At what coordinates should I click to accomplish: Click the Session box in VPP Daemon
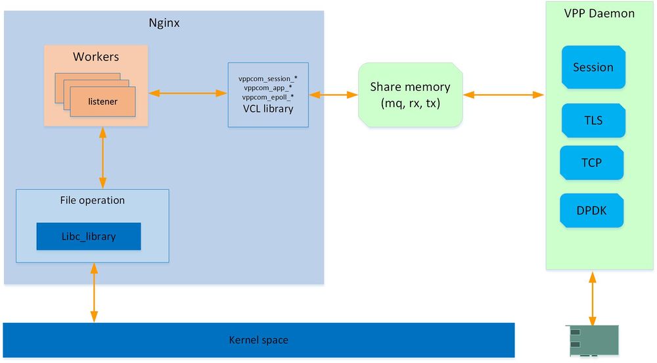click(593, 67)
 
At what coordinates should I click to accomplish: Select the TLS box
click(593, 121)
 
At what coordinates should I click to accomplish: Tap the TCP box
click(591, 162)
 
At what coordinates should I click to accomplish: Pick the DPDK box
click(591, 210)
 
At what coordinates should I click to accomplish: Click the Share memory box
click(410, 94)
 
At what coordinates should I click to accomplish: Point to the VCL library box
click(267, 95)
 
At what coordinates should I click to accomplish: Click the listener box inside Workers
click(102, 101)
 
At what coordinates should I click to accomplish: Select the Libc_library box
click(89, 237)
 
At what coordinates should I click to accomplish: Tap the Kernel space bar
click(258, 340)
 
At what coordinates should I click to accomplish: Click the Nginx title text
click(164, 24)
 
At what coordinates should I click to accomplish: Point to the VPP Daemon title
click(599, 13)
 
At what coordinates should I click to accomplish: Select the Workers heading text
click(95, 57)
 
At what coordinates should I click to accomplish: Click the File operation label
click(92, 200)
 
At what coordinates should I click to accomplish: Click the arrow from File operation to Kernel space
click(95, 293)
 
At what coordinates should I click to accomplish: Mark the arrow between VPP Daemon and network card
click(593, 299)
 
